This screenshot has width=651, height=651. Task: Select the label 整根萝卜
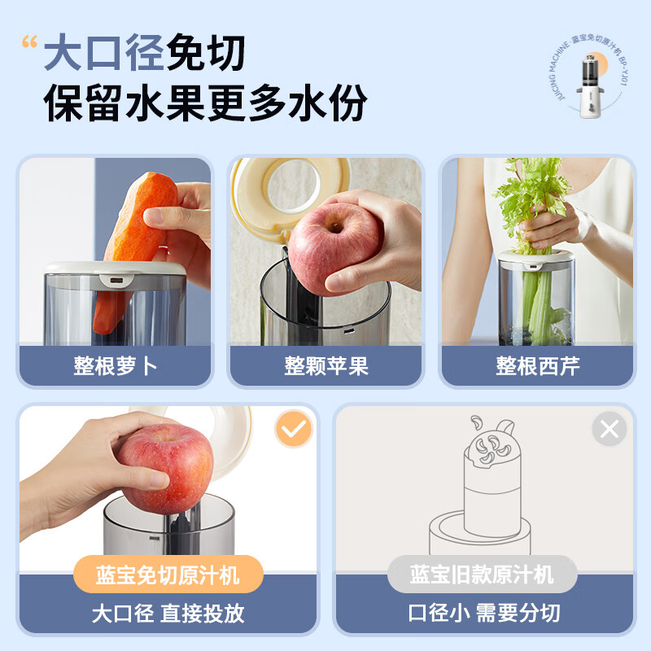[x=115, y=365]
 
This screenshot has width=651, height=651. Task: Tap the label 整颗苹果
[x=325, y=365]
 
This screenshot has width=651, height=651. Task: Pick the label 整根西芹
[x=537, y=365]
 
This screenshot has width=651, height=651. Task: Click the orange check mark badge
[x=294, y=429]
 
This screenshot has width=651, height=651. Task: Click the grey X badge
[x=609, y=429]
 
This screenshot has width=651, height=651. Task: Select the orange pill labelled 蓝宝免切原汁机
[x=168, y=575]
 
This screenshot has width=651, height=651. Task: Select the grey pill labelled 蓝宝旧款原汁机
[x=483, y=575]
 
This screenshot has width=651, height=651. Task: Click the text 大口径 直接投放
[x=168, y=613]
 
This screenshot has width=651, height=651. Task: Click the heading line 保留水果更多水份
[x=205, y=105]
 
